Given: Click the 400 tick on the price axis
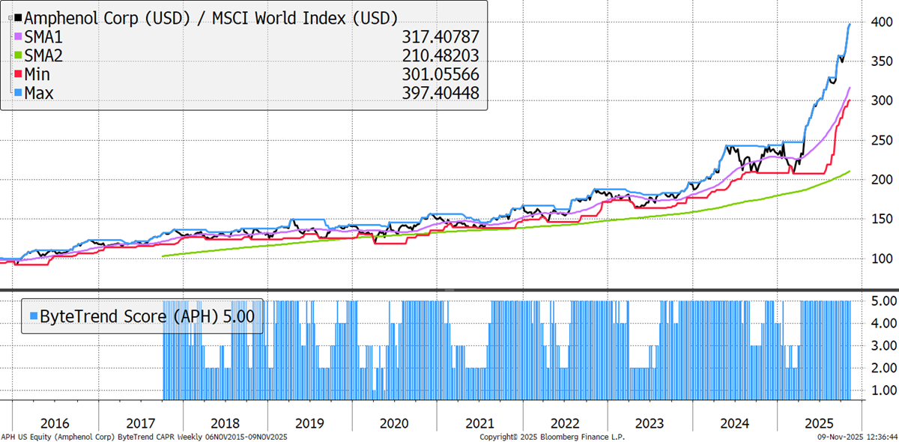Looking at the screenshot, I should coord(877,22).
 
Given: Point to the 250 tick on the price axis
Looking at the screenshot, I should coord(877,140).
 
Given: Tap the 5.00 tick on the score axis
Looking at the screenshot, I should coord(879,301).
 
